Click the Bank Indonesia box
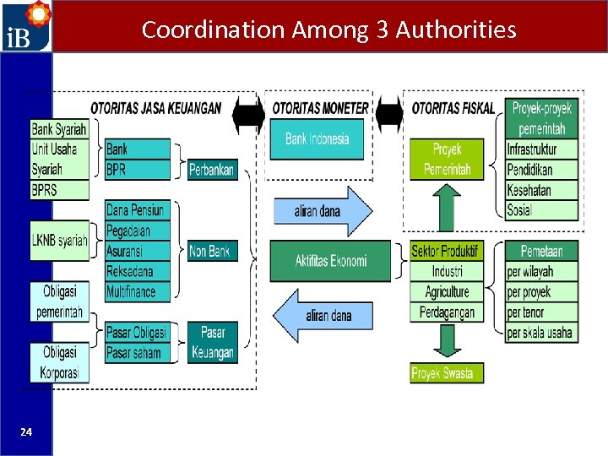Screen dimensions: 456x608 tap(317, 139)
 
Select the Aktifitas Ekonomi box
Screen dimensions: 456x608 tap(330, 261)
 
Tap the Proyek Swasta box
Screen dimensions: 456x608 tap(447, 372)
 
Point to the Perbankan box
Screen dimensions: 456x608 tap(212, 169)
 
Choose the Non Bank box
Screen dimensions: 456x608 tap(212, 251)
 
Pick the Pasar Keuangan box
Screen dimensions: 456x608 tap(212, 343)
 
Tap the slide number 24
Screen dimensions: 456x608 tap(26, 432)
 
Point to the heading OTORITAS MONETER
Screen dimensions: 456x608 tap(320, 108)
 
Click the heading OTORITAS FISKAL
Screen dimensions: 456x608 tap(453, 108)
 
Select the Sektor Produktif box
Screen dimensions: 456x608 tap(445, 251)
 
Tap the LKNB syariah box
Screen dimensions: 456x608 tap(59, 241)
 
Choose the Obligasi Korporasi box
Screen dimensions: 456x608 tap(59, 362)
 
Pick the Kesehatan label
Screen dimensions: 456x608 tap(529, 190)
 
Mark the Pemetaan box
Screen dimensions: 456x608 tap(542, 251)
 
